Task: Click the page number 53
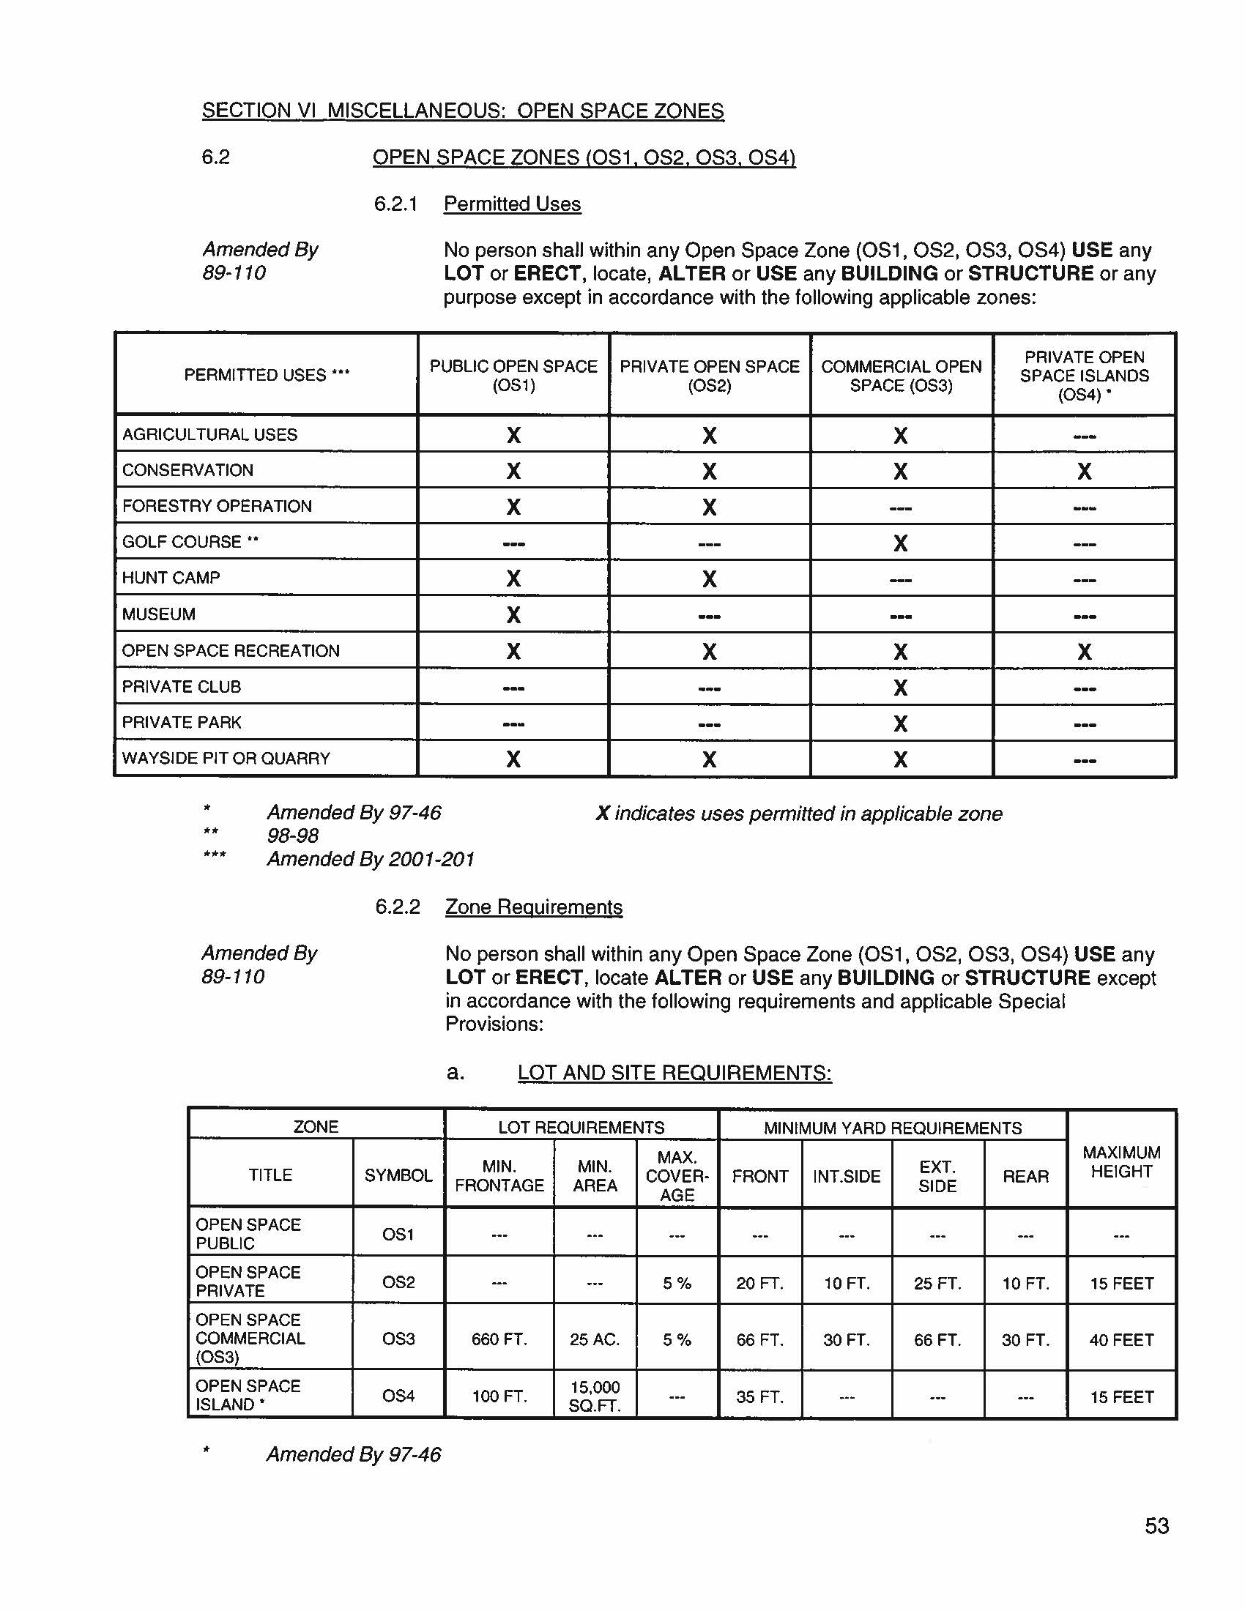coord(1156,1525)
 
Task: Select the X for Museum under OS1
coord(513,614)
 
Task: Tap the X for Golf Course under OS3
coord(900,543)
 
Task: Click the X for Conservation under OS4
coord(1083,472)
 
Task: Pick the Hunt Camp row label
coord(171,578)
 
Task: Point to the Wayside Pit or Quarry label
coord(226,759)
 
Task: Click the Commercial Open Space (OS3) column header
coord(901,376)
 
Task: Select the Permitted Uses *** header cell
coord(267,375)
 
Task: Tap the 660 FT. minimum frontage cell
coord(499,1339)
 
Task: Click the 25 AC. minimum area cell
coord(595,1339)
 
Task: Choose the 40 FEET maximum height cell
coord(1121,1339)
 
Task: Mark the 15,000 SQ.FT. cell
coord(595,1396)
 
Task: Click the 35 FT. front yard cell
coord(759,1396)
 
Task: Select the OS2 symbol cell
coord(398,1282)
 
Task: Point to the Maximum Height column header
coord(1121,1162)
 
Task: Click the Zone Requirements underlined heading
coord(533,907)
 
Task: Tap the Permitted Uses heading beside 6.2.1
coord(512,204)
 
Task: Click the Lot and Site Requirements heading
coord(674,1073)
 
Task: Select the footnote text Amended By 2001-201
coord(371,860)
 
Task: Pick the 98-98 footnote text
coord(293,836)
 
